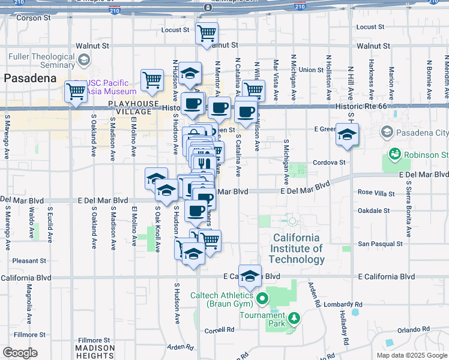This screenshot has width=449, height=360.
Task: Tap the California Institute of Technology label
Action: click(297, 248)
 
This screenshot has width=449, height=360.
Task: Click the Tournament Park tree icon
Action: click(294, 317)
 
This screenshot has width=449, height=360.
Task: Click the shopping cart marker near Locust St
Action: click(206, 32)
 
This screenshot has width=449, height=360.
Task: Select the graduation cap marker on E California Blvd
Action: click(250, 276)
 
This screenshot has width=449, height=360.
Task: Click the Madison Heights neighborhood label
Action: click(95, 352)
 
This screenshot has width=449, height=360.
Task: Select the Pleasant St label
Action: click(29, 261)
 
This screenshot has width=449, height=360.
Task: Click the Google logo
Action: click(20, 353)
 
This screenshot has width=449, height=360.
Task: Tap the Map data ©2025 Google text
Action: click(411, 355)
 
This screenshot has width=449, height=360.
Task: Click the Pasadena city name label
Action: click(30, 78)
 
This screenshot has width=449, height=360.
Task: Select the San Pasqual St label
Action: click(380, 244)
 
